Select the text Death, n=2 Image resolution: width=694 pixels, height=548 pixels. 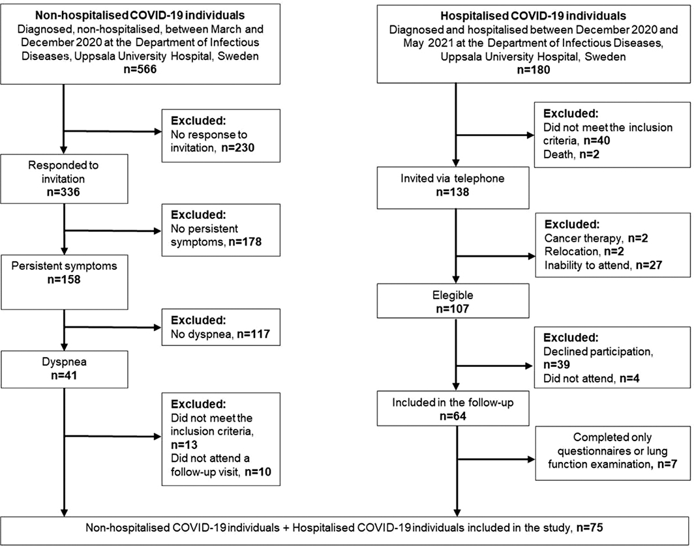pos(569,153)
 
